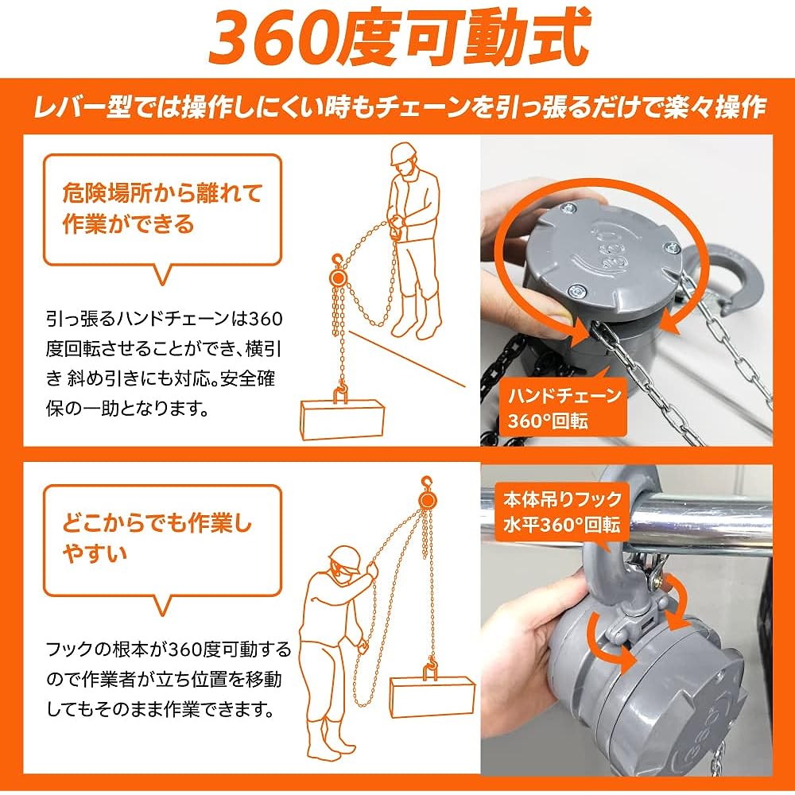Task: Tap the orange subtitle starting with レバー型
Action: coord(397,107)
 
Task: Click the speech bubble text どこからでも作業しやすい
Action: coord(157,537)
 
